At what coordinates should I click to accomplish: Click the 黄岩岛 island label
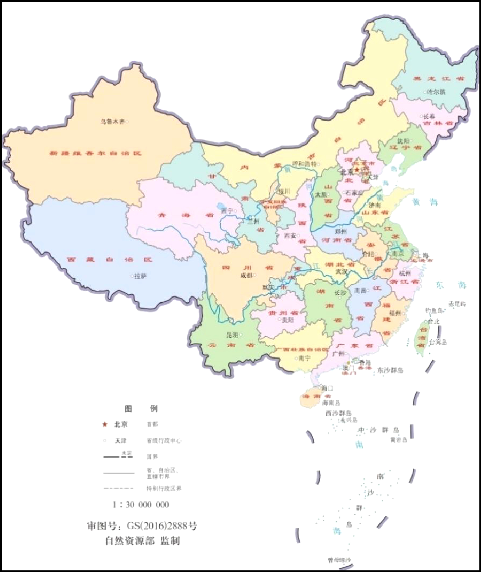tap(398, 440)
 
